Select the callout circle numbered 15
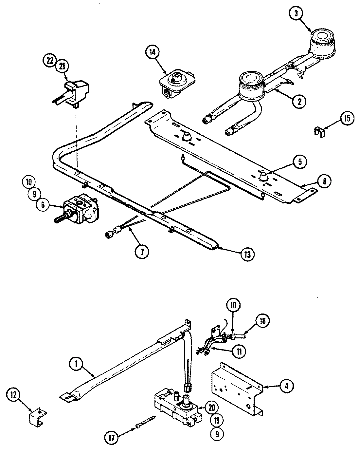pyautogui.click(x=347, y=118)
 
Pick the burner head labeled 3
pyautogui.click(x=322, y=42)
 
